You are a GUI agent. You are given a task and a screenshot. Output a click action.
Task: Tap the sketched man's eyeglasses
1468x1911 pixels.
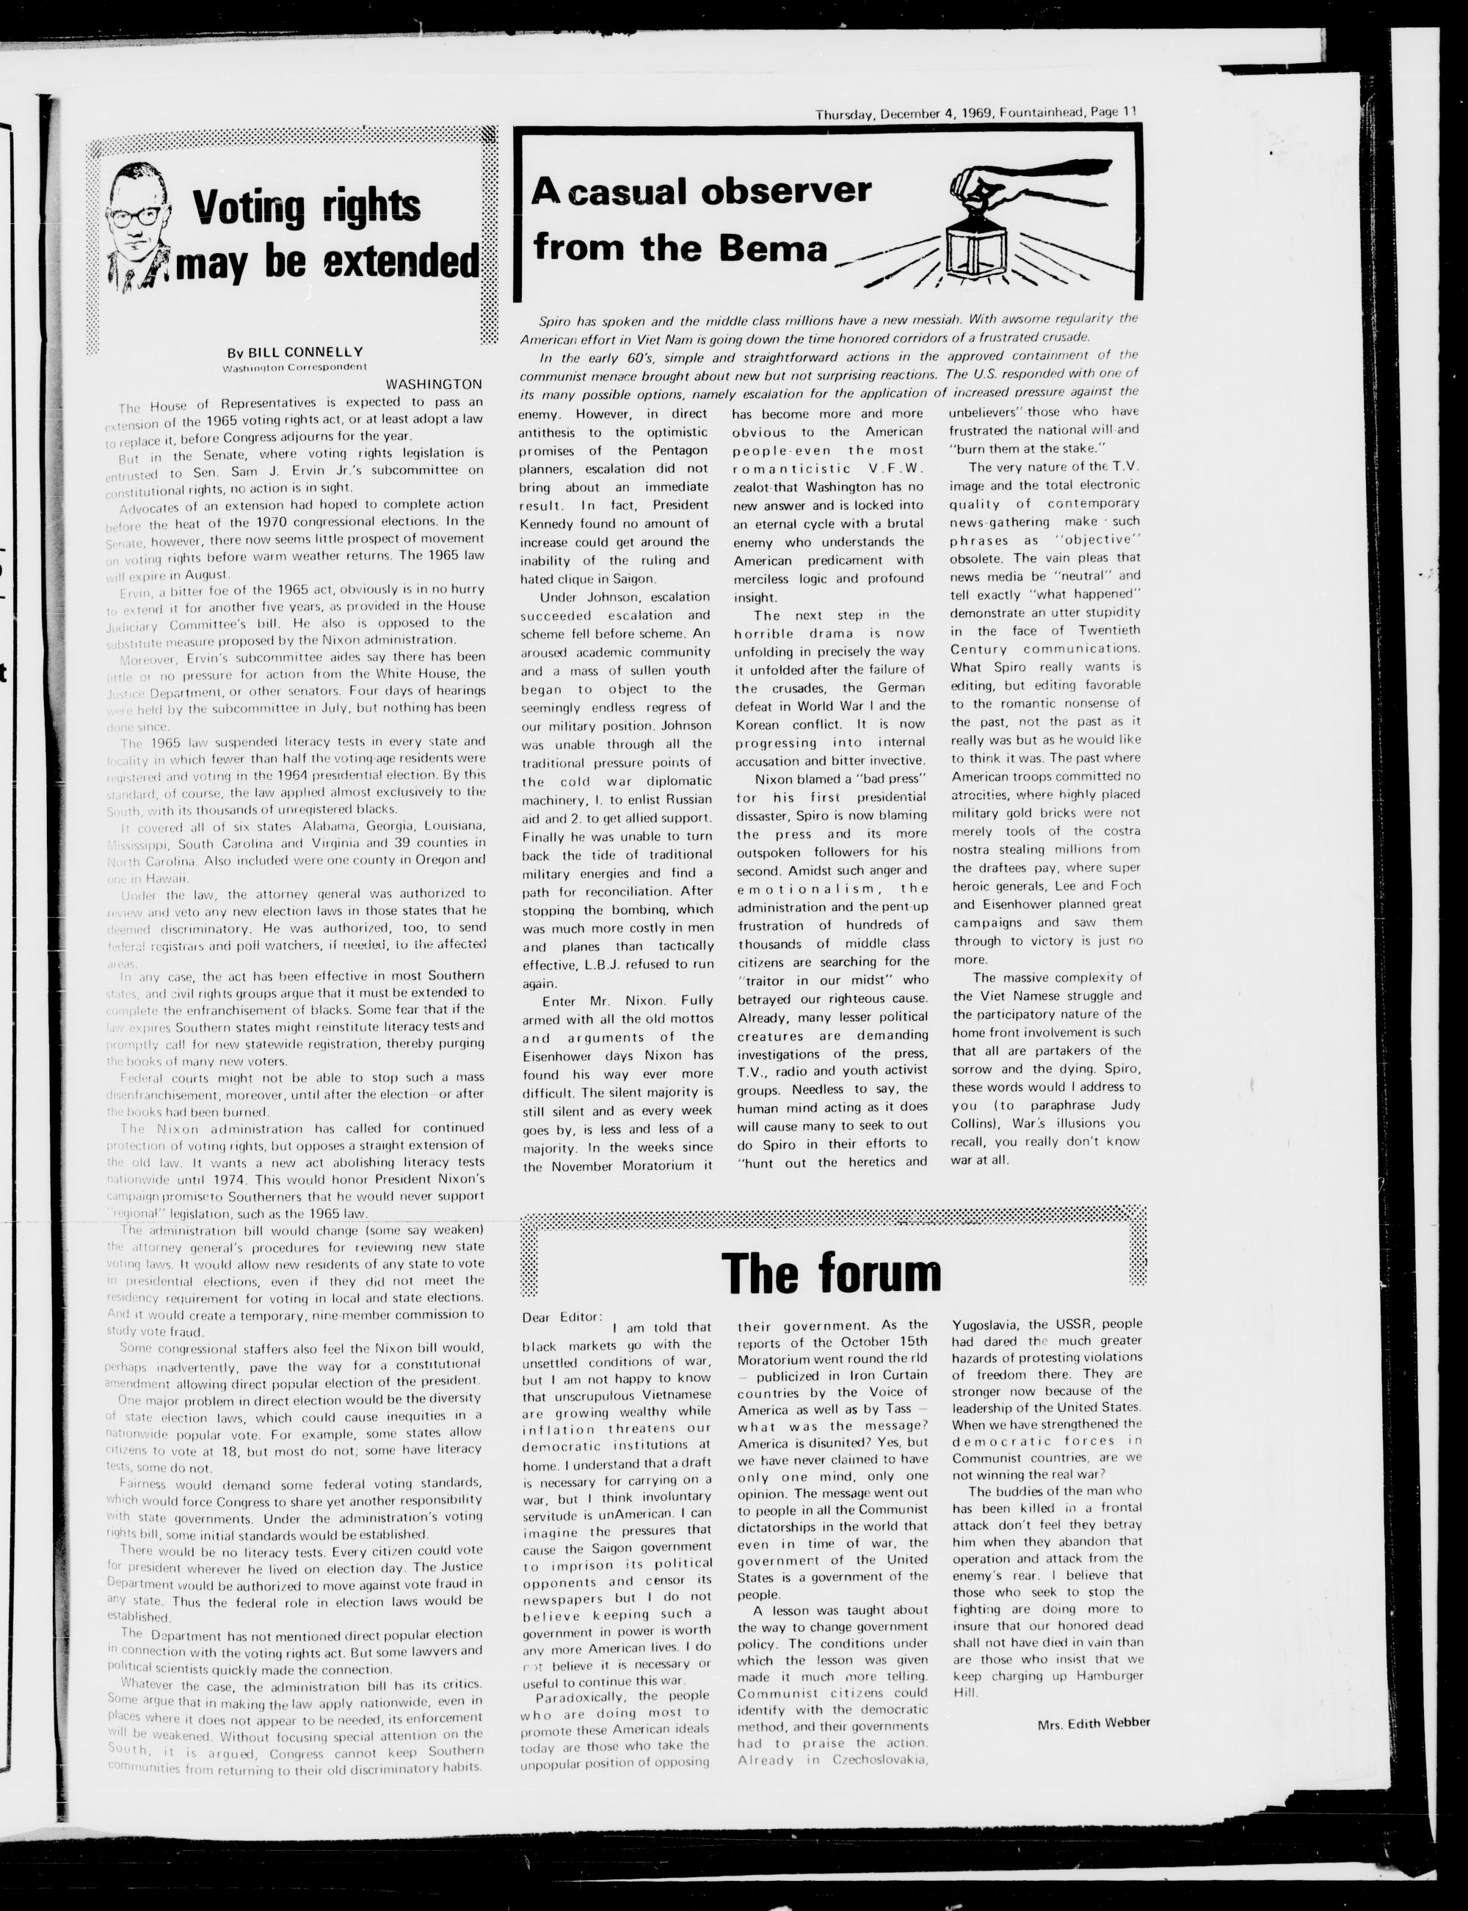point(136,216)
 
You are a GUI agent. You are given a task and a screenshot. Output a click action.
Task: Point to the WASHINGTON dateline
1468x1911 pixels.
point(433,384)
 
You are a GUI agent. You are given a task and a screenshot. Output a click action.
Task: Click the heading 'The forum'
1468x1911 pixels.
point(831,1274)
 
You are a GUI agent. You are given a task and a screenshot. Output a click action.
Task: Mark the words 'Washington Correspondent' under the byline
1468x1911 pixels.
point(294,368)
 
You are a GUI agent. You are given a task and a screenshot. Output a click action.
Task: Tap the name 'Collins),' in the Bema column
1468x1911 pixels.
point(973,1123)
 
